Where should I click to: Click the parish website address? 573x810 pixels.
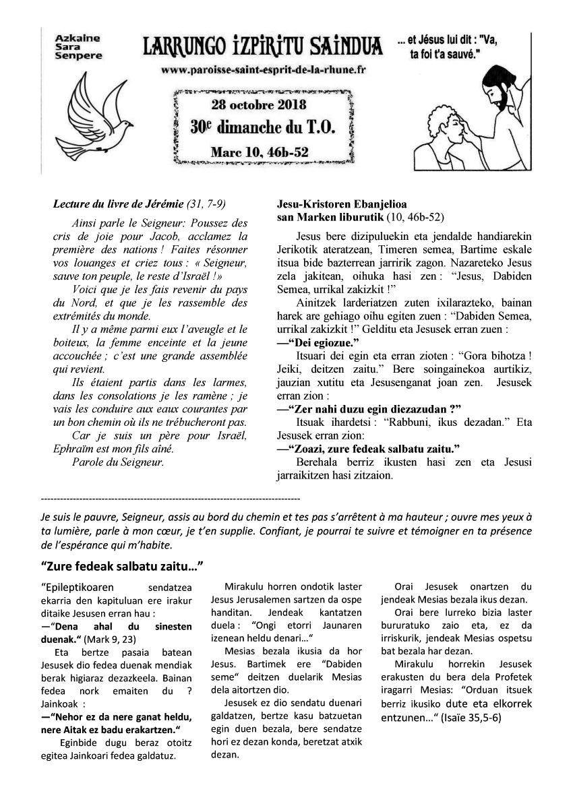point(264,70)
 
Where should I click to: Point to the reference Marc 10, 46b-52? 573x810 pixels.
point(260,152)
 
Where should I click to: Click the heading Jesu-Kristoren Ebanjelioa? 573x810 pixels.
point(342,204)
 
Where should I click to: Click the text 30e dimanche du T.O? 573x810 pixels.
point(262,127)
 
